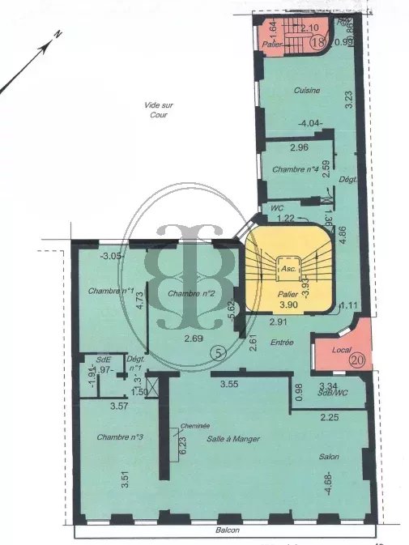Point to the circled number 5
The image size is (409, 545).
pyautogui.click(x=216, y=353)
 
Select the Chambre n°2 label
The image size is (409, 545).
pyautogui.click(x=190, y=293)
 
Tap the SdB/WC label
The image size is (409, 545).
pyautogui.click(x=331, y=394)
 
